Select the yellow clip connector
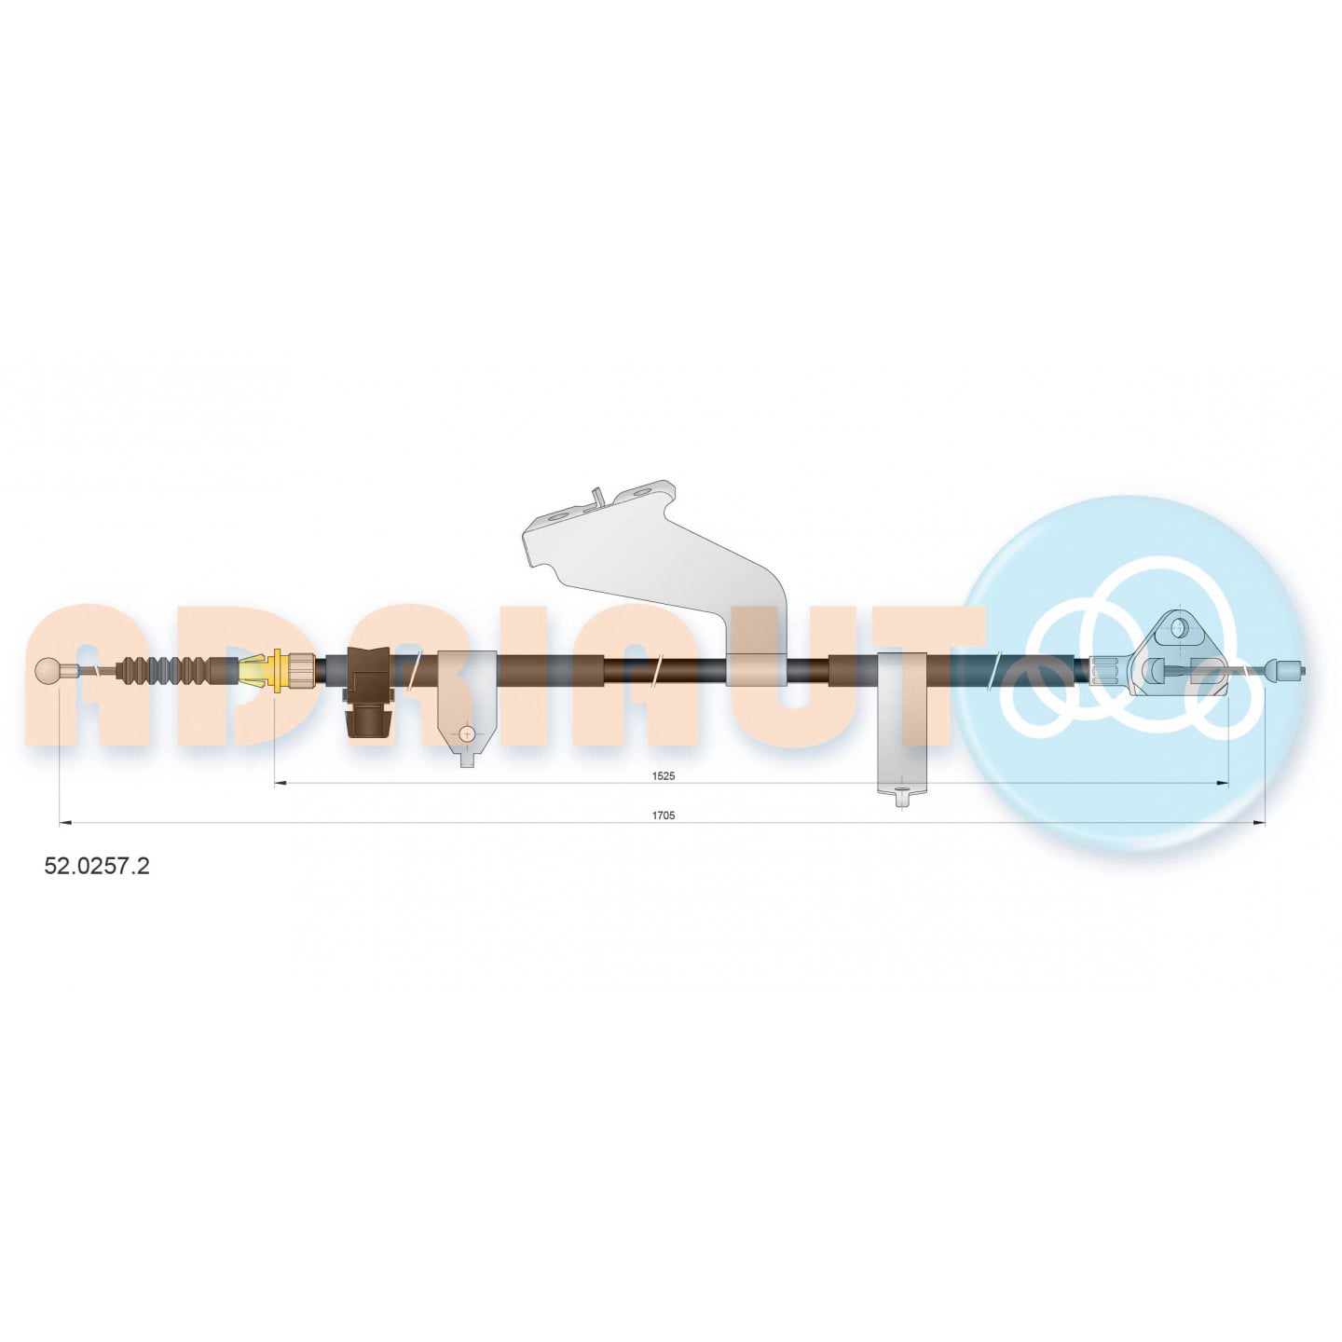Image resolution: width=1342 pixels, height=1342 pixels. [262, 670]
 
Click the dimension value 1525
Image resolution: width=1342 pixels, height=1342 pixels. [664, 775]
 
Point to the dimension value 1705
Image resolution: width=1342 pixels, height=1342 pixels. [664, 815]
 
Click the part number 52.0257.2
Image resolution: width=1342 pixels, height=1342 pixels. [97, 866]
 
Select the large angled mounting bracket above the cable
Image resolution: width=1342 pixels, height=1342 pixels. [654, 585]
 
